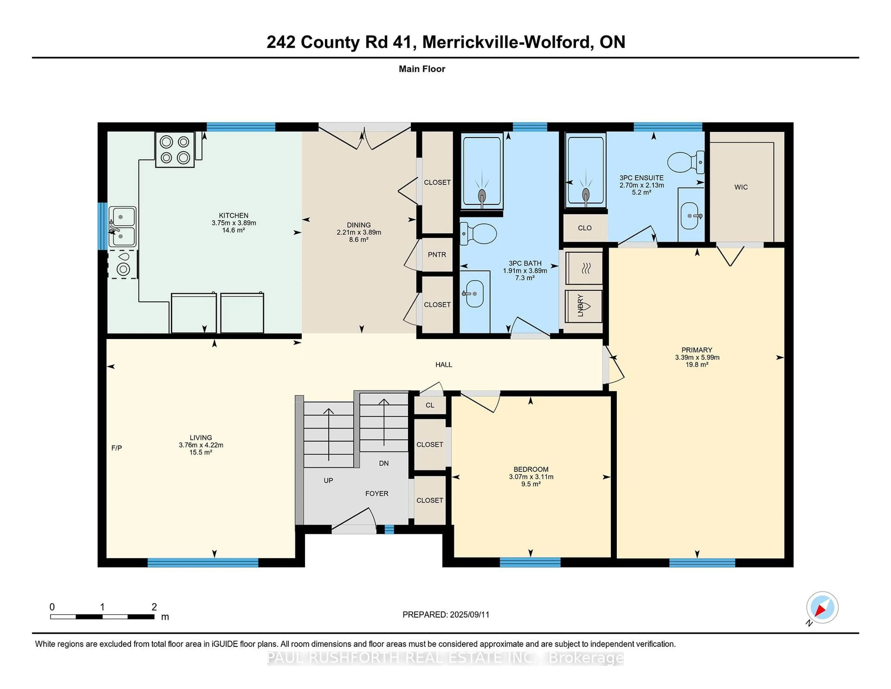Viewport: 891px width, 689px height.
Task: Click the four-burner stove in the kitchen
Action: pyautogui.click(x=175, y=149)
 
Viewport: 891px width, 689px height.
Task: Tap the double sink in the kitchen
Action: pyautogui.click(x=122, y=227)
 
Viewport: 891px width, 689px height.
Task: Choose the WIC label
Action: pyautogui.click(x=741, y=187)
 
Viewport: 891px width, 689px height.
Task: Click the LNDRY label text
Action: pyautogui.click(x=581, y=305)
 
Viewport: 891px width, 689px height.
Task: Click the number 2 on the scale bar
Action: pyautogui.click(x=154, y=607)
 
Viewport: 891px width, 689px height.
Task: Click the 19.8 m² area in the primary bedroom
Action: pyautogui.click(x=697, y=364)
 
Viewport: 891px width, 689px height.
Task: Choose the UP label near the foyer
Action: pyautogui.click(x=328, y=481)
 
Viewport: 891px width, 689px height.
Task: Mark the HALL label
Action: pyautogui.click(x=443, y=364)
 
